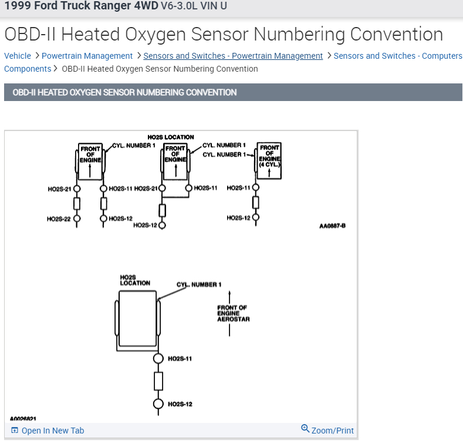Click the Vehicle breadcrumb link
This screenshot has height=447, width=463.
click(17, 56)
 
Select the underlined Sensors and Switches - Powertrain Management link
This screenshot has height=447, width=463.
click(233, 56)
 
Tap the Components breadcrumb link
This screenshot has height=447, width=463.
click(28, 69)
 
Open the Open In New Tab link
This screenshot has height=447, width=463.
click(52, 431)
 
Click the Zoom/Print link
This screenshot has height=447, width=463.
click(332, 431)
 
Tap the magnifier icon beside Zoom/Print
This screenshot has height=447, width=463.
click(305, 429)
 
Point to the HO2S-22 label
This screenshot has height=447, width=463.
click(59, 219)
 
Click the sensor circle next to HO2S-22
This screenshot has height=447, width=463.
click(77, 219)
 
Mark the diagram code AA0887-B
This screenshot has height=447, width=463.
click(332, 226)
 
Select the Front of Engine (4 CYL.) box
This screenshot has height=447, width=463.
click(269, 156)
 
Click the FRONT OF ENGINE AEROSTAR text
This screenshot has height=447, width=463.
click(233, 314)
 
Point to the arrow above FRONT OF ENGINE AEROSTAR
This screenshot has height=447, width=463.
click(229, 297)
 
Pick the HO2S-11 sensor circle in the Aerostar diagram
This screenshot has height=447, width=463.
click(158, 358)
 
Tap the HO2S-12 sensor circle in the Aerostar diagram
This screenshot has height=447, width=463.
click(158, 404)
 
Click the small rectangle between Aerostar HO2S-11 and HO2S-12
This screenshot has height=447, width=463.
click(158, 381)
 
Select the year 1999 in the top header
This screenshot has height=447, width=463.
click(16, 6)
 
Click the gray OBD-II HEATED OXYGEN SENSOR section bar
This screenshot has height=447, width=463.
click(233, 92)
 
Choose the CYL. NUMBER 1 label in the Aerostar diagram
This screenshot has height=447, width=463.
click(199, 285)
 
